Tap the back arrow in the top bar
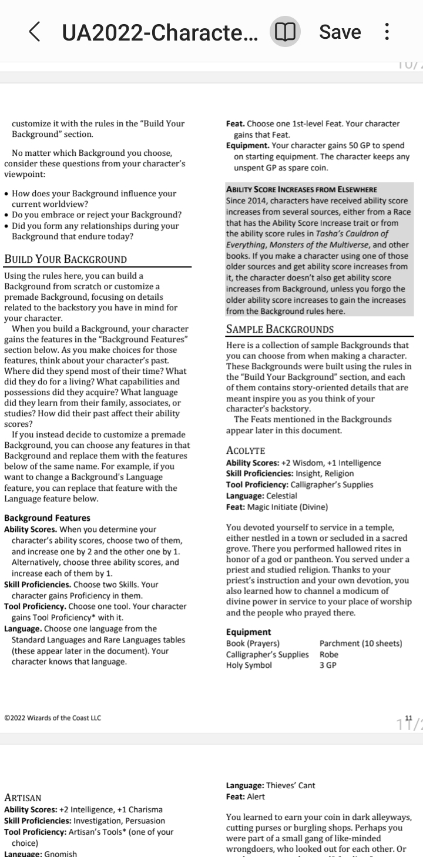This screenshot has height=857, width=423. pos(35,32)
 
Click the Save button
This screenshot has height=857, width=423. pos(340,32)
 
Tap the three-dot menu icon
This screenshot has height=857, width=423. pos(387,32)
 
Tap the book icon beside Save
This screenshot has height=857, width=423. pos(286,32)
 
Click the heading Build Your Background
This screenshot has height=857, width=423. pos(65,259)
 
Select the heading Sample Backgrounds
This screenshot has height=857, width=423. pos(280,329)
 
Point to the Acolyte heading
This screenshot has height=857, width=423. pos(246,451)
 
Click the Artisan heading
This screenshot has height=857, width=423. pos(23,798)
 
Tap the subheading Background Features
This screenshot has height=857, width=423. pos(47,518)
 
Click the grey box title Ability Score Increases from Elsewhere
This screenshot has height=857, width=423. pos(301,189)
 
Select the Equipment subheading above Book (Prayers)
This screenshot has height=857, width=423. pos(249,632)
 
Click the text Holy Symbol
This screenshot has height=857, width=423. pos(249,665)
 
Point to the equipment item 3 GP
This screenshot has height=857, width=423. pos(328,665)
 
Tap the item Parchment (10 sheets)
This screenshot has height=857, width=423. pos(361,644)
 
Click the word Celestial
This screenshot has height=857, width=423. pos(281,496)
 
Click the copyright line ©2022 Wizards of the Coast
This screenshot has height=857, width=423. pos(52,718)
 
